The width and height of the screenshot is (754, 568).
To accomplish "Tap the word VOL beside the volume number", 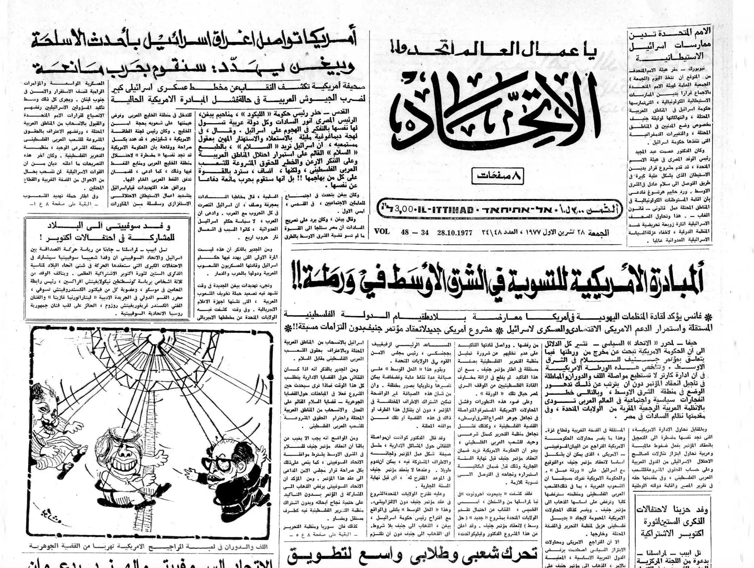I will click(x=382, y=231).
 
